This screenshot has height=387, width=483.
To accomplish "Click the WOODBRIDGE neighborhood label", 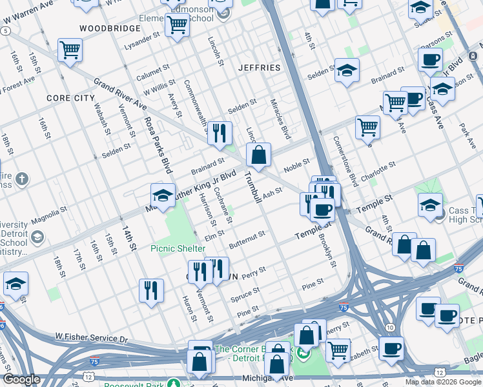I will click(109, 28).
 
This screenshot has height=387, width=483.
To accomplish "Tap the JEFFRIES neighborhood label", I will click(259, 67).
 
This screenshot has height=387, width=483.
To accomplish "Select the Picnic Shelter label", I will click(178, 248).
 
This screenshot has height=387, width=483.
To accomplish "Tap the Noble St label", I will click(297, 165).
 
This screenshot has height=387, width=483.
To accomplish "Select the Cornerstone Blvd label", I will click(345, 161).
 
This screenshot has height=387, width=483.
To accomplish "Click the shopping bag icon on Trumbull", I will click(258, 155).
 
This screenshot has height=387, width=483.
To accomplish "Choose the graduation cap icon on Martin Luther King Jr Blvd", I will click(163, 195).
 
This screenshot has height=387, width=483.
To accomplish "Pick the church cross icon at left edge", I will click(21, 179).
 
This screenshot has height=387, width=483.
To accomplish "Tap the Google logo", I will click(21, 379).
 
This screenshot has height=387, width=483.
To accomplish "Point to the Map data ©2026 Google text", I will click(443, 382).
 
